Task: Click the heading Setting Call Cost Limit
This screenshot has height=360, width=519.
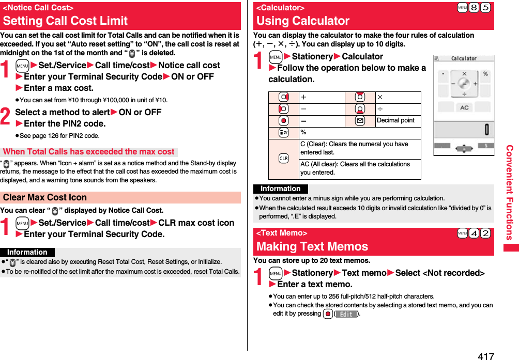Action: tap(65, 21)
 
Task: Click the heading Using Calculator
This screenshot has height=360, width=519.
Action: tap(303, 21)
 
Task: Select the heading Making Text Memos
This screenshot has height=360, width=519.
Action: tap(312, 246)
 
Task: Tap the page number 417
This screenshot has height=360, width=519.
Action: tap(486, 355)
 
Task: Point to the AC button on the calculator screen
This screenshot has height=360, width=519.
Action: tap(464, 107)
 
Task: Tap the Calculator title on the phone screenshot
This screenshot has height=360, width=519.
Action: tap(464, 58)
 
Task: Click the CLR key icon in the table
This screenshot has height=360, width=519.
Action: tap(283, 159)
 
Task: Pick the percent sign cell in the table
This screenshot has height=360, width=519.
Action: tap(303, 133)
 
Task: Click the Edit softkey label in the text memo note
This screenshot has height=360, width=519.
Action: tap(346, 314)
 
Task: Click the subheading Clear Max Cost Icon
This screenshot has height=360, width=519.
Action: tap(45, 197)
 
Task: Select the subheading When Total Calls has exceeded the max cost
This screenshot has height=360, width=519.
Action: tap(89, 152)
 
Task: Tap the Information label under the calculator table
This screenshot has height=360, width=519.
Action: tap(280, 189)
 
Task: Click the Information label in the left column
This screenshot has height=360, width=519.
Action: tap(27, 252)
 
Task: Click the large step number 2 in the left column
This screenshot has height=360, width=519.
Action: tap(6, 117)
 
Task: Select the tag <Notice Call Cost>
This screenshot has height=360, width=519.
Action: tap(38, 8)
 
